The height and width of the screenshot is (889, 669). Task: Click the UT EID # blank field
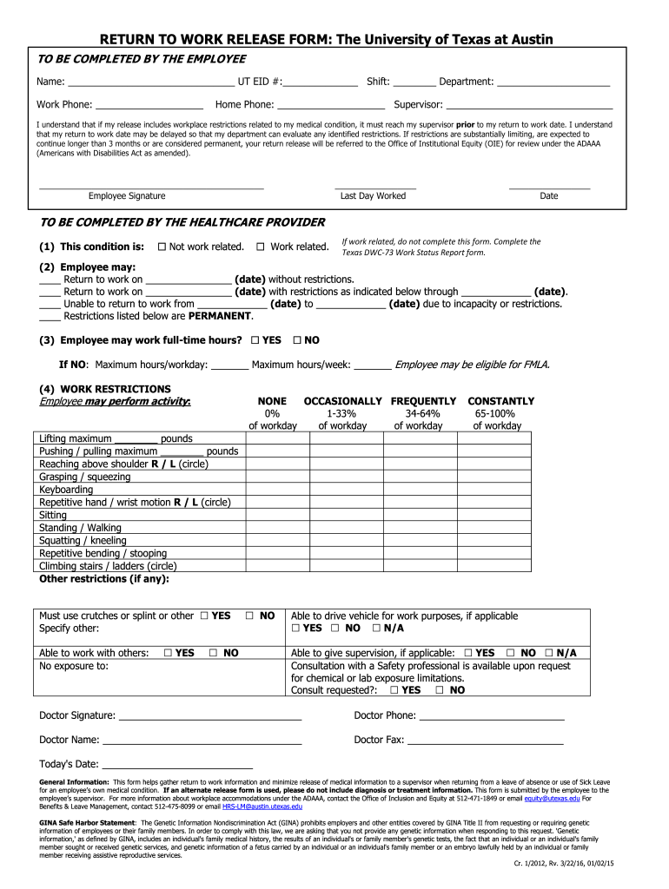pos(321,83)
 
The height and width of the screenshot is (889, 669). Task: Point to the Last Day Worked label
pos(373,196)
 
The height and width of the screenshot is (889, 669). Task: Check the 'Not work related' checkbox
pos(162,247)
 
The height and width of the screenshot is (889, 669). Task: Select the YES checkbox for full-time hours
pos(255,339)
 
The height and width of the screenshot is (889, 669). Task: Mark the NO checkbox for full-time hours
pos(298,339)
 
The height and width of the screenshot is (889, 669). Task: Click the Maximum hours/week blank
pos(373,366)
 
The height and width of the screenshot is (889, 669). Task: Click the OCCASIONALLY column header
pos(342,401)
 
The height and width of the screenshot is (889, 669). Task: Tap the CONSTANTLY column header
pos(501,401)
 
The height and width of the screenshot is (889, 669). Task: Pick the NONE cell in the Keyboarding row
pos(273,490)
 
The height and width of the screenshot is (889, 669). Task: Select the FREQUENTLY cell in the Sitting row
pos(418,515)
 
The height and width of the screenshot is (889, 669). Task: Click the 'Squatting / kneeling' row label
pos(83,540)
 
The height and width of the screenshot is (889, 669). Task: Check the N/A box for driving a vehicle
pos(376,628)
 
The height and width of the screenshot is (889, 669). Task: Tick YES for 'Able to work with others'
pos(168,653)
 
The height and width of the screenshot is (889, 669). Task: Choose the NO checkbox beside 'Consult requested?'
pos(440,690)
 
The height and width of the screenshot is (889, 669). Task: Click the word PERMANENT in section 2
pos(220,316)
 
